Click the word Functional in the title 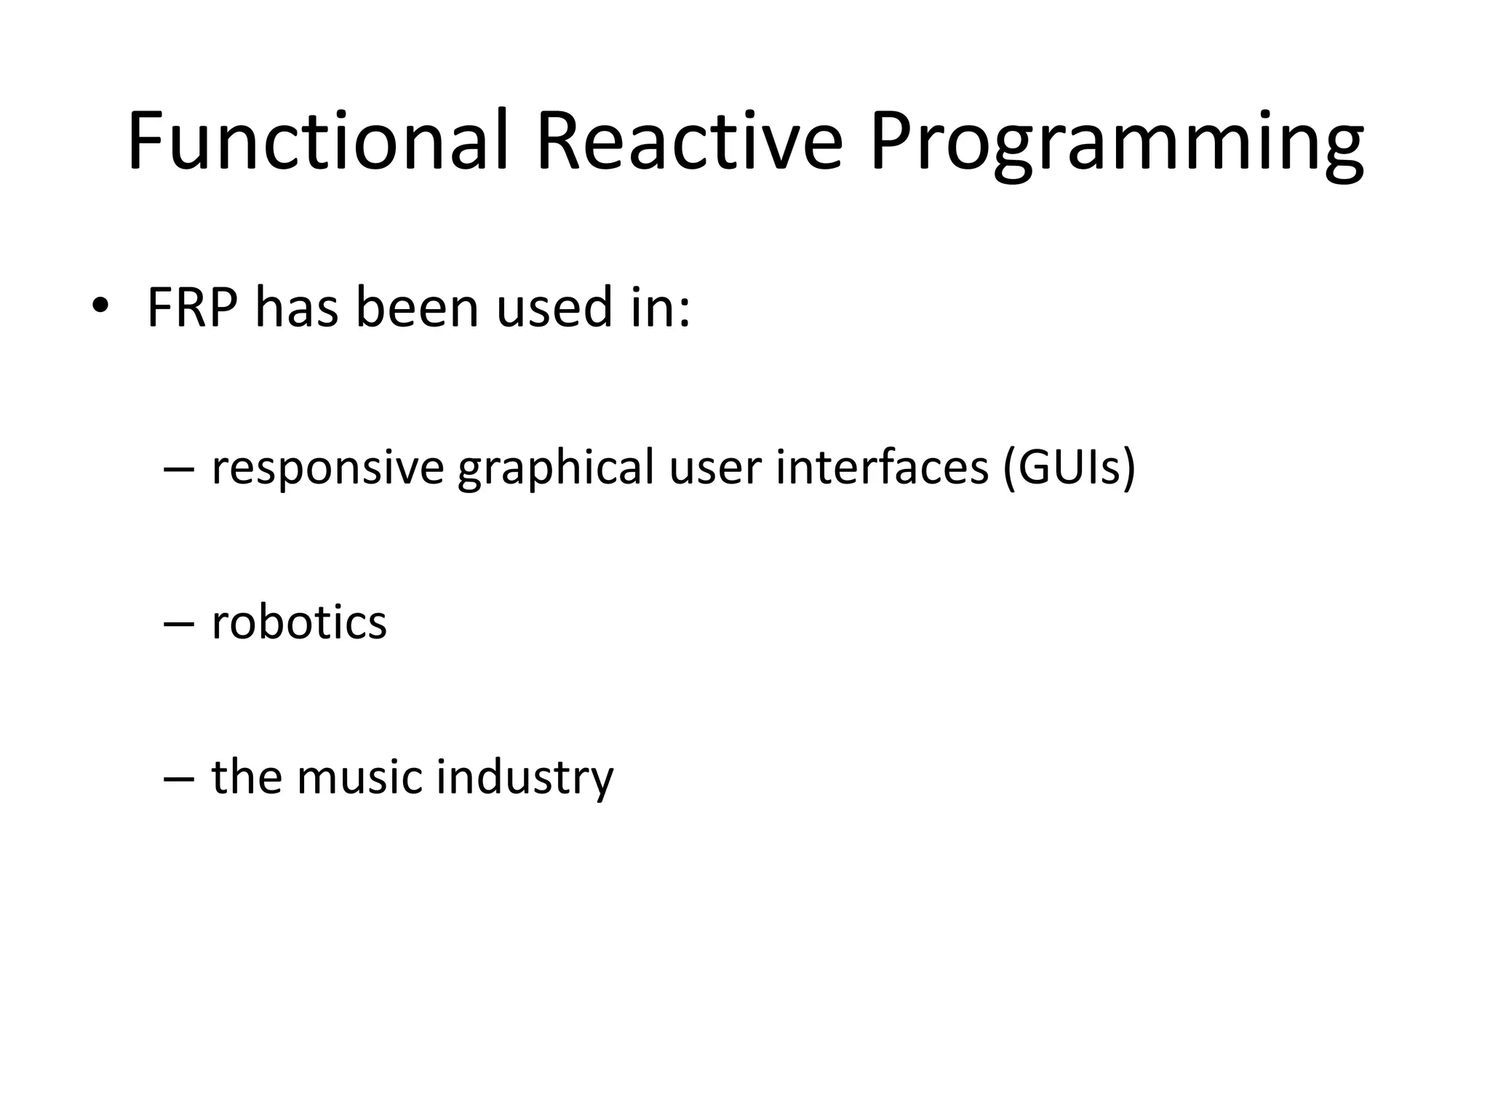(316, 140)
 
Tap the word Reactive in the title (689, 140)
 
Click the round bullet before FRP (100, 307)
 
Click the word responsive (327, 469)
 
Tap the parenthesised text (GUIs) (1068, 468)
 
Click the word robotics (299, 622)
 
